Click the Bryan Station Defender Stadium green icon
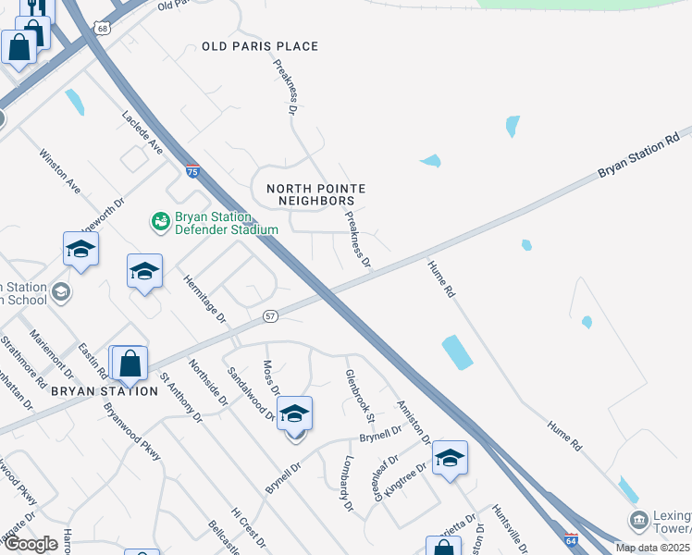tap(160, 221)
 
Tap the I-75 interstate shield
tap(192, 171)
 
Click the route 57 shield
tap(270, 316)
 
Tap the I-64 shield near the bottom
tap(571, 539)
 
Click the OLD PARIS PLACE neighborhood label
tap(260, 46)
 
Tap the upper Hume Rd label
tap(441, 278)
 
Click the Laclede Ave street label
tap(142, 132)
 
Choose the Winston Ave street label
tap(59, 171)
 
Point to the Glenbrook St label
tap(358, 391)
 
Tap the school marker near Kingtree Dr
tap(450, 457)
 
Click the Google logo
tap(31, 545)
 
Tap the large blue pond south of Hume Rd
tap(457, 351)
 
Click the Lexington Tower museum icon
tap(637, 521)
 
